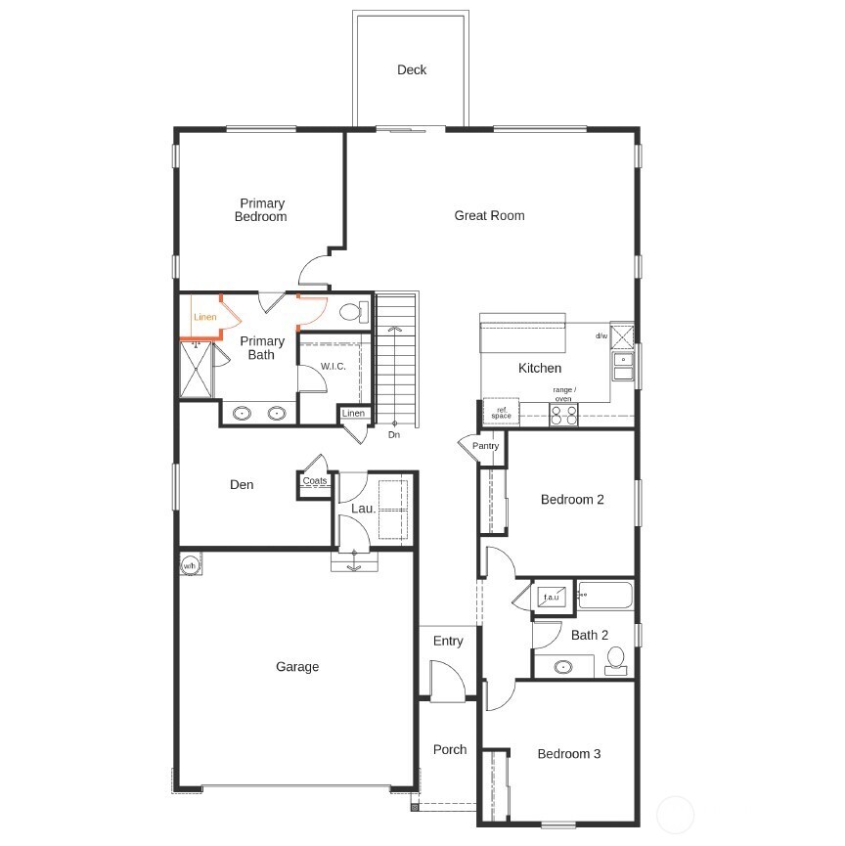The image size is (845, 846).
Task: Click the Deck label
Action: coord(412,69)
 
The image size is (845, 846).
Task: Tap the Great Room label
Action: coord(489,215)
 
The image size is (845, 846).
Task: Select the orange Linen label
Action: coord(205,317)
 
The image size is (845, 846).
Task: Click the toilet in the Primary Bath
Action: coord(354,312)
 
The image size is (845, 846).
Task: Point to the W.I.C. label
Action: coord(333,367)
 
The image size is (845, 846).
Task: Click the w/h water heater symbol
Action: coord(190,565)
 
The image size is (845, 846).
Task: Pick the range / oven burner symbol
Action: coord(563,416)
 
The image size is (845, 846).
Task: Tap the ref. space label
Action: coord(502,413)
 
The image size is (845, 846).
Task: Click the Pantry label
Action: coord(485,446)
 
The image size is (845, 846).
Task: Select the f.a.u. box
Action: coord(552,597)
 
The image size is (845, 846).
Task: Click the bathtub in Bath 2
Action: coord(604,595)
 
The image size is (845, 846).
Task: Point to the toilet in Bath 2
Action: coord(616,661)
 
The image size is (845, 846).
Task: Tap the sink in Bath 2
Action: coord(563,667)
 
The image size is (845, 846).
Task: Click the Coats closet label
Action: coord(315,480)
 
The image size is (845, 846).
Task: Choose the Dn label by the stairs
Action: coord(394,435)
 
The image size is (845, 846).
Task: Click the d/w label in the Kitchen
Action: coord(601,335)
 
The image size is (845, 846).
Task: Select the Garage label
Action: coord(297,667)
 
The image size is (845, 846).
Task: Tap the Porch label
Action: coord(450,749)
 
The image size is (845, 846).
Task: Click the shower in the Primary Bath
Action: coord(196,370)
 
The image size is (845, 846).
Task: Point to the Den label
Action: coord(242,484)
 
